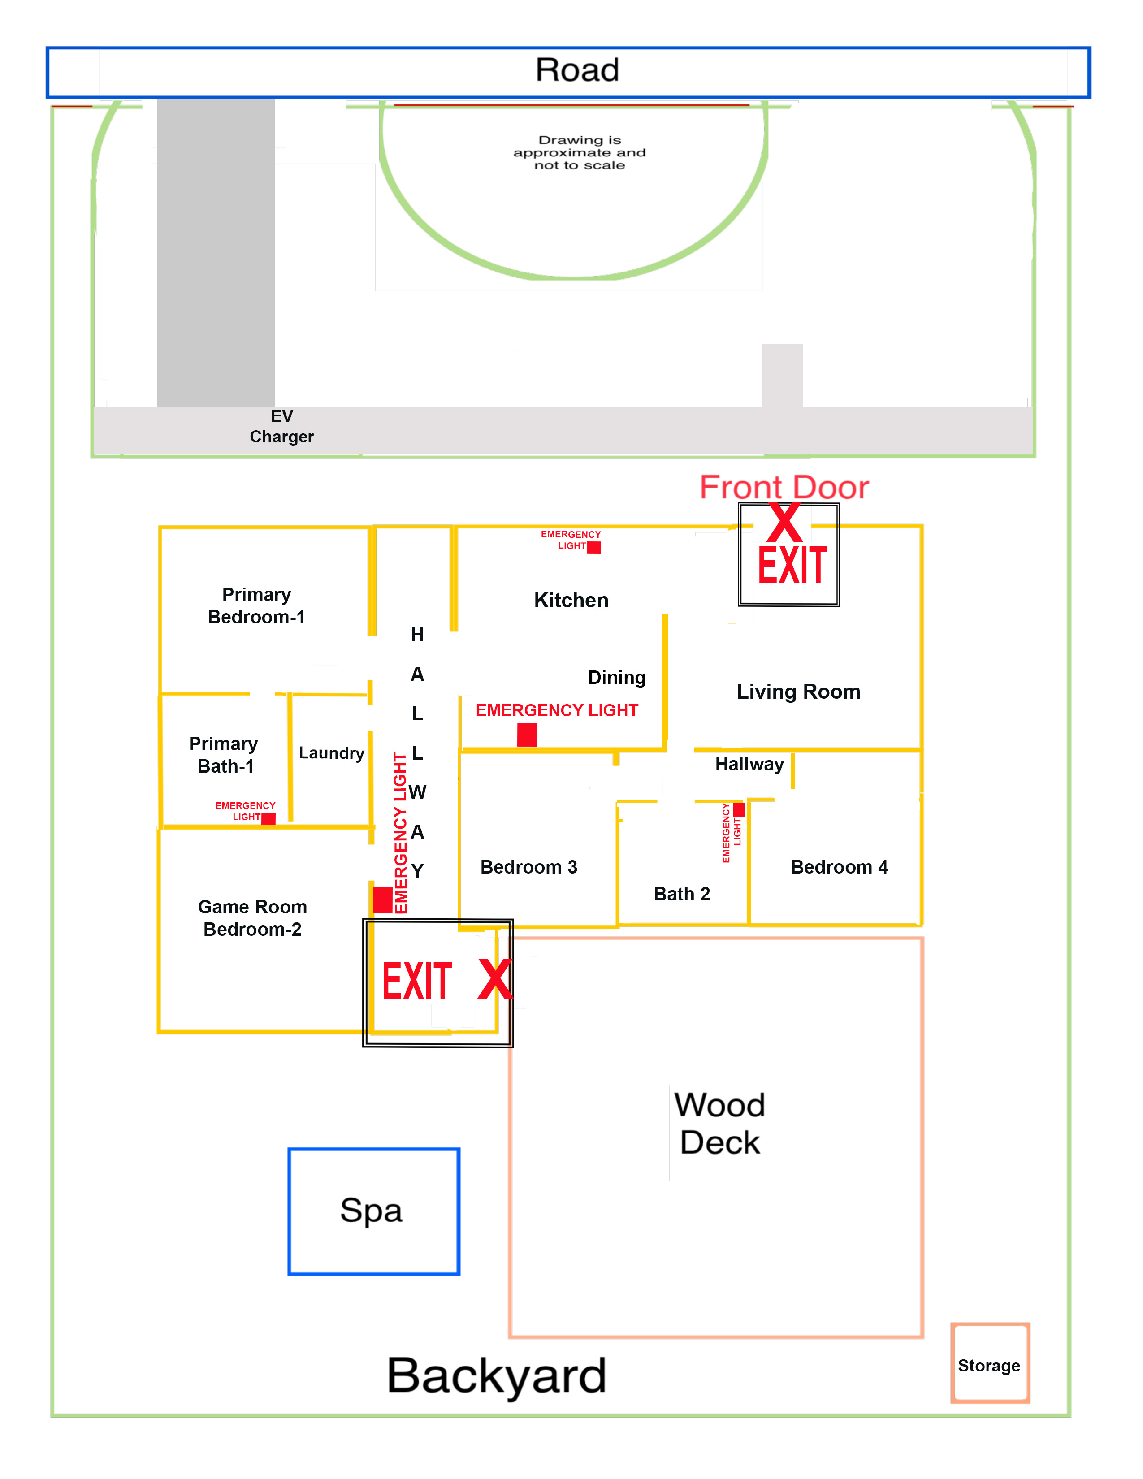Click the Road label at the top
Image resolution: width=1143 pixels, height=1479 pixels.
(577, 70)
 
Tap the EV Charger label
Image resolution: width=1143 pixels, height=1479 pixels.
(281, 427)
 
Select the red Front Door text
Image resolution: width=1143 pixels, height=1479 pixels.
(784, 488)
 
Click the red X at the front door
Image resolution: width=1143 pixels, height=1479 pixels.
(784, 522)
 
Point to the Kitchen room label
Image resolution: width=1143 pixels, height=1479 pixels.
(571, 600)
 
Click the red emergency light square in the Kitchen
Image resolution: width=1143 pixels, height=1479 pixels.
(594, 547)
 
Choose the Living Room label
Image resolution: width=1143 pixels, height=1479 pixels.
(798, 692)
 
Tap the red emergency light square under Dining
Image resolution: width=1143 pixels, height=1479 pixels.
(527, 735)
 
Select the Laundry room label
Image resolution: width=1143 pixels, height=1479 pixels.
(331, 753)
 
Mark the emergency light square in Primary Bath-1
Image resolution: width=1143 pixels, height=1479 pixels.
(268, 818)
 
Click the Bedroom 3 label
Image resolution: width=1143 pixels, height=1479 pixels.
(528, 867)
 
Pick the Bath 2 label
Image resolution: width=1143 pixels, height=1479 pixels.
(682, 894)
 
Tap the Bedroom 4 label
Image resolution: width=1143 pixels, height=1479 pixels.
(839, 867)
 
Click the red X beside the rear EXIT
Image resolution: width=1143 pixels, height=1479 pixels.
(495, 979)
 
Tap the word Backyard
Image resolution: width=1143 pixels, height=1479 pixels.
(496, 1375)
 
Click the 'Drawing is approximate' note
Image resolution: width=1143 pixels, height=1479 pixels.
(579, 152)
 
